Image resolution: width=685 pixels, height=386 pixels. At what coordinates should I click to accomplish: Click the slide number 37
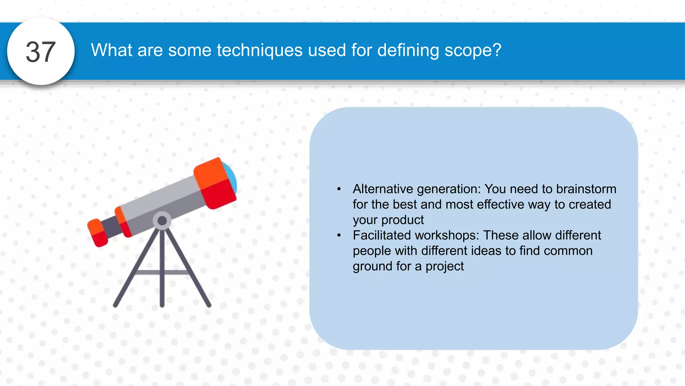pyautogui.click(x=40, y=52)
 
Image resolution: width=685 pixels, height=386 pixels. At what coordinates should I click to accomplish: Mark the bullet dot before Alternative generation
pyautogui.click(x=339, y=189)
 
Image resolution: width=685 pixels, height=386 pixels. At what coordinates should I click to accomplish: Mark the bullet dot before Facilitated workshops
pyautogui.click(x=339, y=236)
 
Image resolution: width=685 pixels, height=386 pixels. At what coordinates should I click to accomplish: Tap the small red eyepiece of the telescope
pyautogui.click(x=98, y=233)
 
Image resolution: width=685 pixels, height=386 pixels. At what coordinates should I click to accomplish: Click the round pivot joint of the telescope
pyautogui.click(x=162, y=221)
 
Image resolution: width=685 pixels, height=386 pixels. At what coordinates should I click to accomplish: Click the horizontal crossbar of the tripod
pyautogui.click(x=162, y=272)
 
